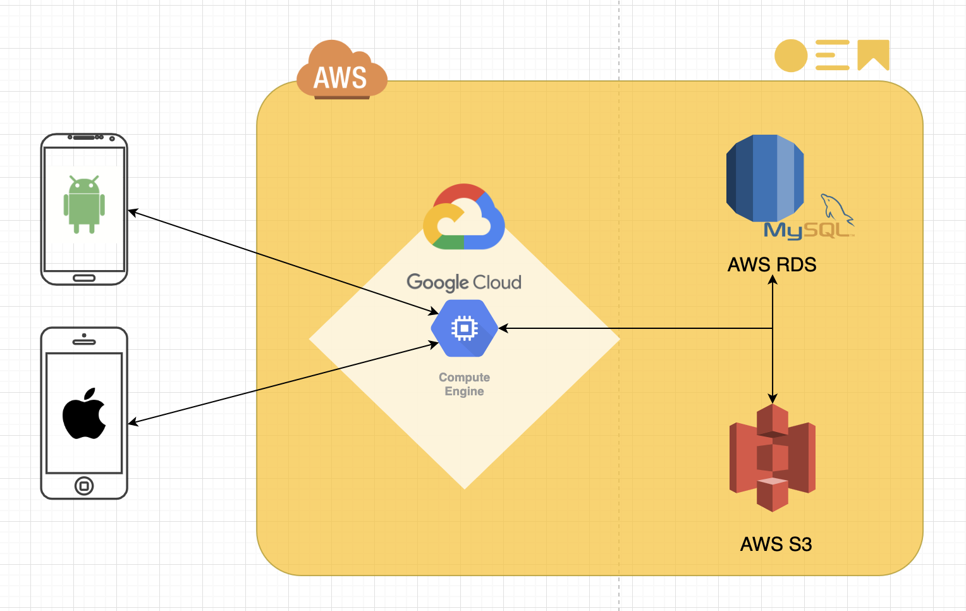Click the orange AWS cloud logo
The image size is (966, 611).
pyautogui.click(x=341, y=71)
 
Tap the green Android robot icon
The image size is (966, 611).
pyautogui.click(x=84, y=204)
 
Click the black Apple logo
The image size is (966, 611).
pyautogui.click(x=84, y=414)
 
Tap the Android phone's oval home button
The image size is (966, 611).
pyautogui.click(x=84, y=278)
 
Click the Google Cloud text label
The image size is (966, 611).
pyautogui.click(x=464, y=282)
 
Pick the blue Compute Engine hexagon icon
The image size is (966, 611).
pyautogui.click(x=464, y=328)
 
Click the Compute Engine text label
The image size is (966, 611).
pyautogui.click(x=464, y=384)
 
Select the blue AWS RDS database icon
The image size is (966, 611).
pyautogui.click(x=765, y=178)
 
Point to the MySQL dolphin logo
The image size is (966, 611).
pyautogui.click(x=836, y=208)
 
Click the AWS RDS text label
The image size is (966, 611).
pyautogui.click(x=772, y=264)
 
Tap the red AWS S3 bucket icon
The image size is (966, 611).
pyautogui.click(x=772, y=457)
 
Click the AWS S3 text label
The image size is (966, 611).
pyautogui.click(x=776, y=544)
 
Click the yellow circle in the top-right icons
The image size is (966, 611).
pyautogui.click(x=791, y=56)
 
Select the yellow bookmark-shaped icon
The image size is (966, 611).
pyautogui.click(x=873, y=54)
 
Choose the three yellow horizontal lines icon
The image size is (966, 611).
pyautogui.click(x=832, y=55)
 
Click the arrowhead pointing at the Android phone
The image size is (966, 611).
pyautogui.click(x=133, y=212)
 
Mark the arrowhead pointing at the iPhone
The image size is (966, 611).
pyautogui.click(x=133, y=423)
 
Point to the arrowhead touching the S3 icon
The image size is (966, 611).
pyautogui.click(x=772, y=398)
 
